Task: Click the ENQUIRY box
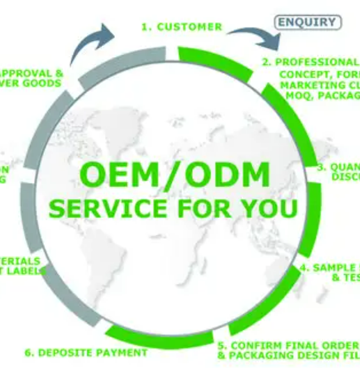click(308, 22)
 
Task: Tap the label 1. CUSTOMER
click(182, 27)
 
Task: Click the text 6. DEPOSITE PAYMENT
click(86, 353)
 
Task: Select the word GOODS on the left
click(41, 83)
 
